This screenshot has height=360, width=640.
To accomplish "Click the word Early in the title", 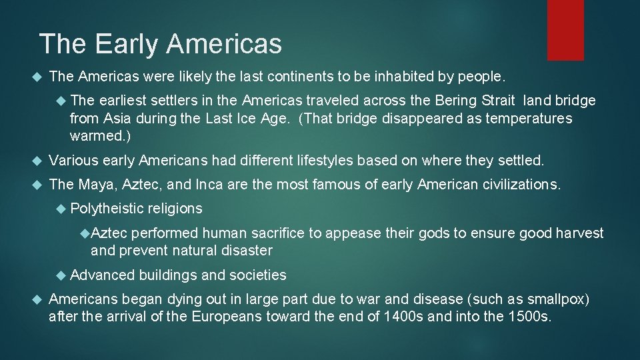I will coord(127,44).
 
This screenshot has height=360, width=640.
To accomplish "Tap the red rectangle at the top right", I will coord(565,30).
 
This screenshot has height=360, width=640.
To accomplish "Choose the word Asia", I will coord(118,119).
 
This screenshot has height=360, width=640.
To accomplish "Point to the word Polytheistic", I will coord(107,209).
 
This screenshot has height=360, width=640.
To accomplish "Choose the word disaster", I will coord(247,251).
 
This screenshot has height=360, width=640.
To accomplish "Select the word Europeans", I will coord(226,317).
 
